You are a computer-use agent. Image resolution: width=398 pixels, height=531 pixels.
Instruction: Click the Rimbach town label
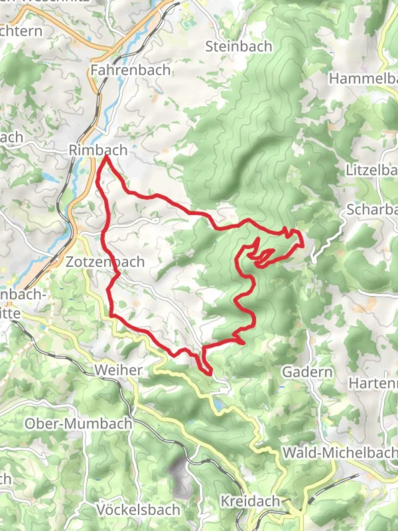pos(98,150)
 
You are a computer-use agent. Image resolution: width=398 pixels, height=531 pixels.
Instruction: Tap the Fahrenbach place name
pos(131,70)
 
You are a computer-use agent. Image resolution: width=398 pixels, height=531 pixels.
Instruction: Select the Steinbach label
pos(239,47)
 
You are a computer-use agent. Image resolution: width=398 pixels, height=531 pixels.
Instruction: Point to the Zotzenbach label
pos(105,262)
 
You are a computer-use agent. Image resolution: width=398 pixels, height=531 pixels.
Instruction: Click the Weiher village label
pos(119,370)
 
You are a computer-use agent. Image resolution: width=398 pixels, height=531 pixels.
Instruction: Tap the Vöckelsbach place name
pos(138,509)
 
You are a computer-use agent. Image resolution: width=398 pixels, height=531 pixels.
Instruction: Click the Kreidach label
pos(250,501)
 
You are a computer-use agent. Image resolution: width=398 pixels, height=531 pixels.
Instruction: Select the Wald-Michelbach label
pos(340,452)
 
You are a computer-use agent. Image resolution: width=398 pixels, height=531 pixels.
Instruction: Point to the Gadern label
pos(307,372)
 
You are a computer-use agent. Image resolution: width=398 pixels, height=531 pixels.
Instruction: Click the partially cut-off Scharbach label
pos(371,209)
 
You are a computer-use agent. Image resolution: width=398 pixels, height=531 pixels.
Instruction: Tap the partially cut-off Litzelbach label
pos(371,171)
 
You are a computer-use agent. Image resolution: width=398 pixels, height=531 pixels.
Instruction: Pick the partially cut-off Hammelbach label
pos(363,78)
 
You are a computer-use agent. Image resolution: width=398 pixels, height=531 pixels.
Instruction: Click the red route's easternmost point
pos(302,243)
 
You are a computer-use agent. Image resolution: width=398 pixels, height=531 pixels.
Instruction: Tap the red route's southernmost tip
pos(211,374)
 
